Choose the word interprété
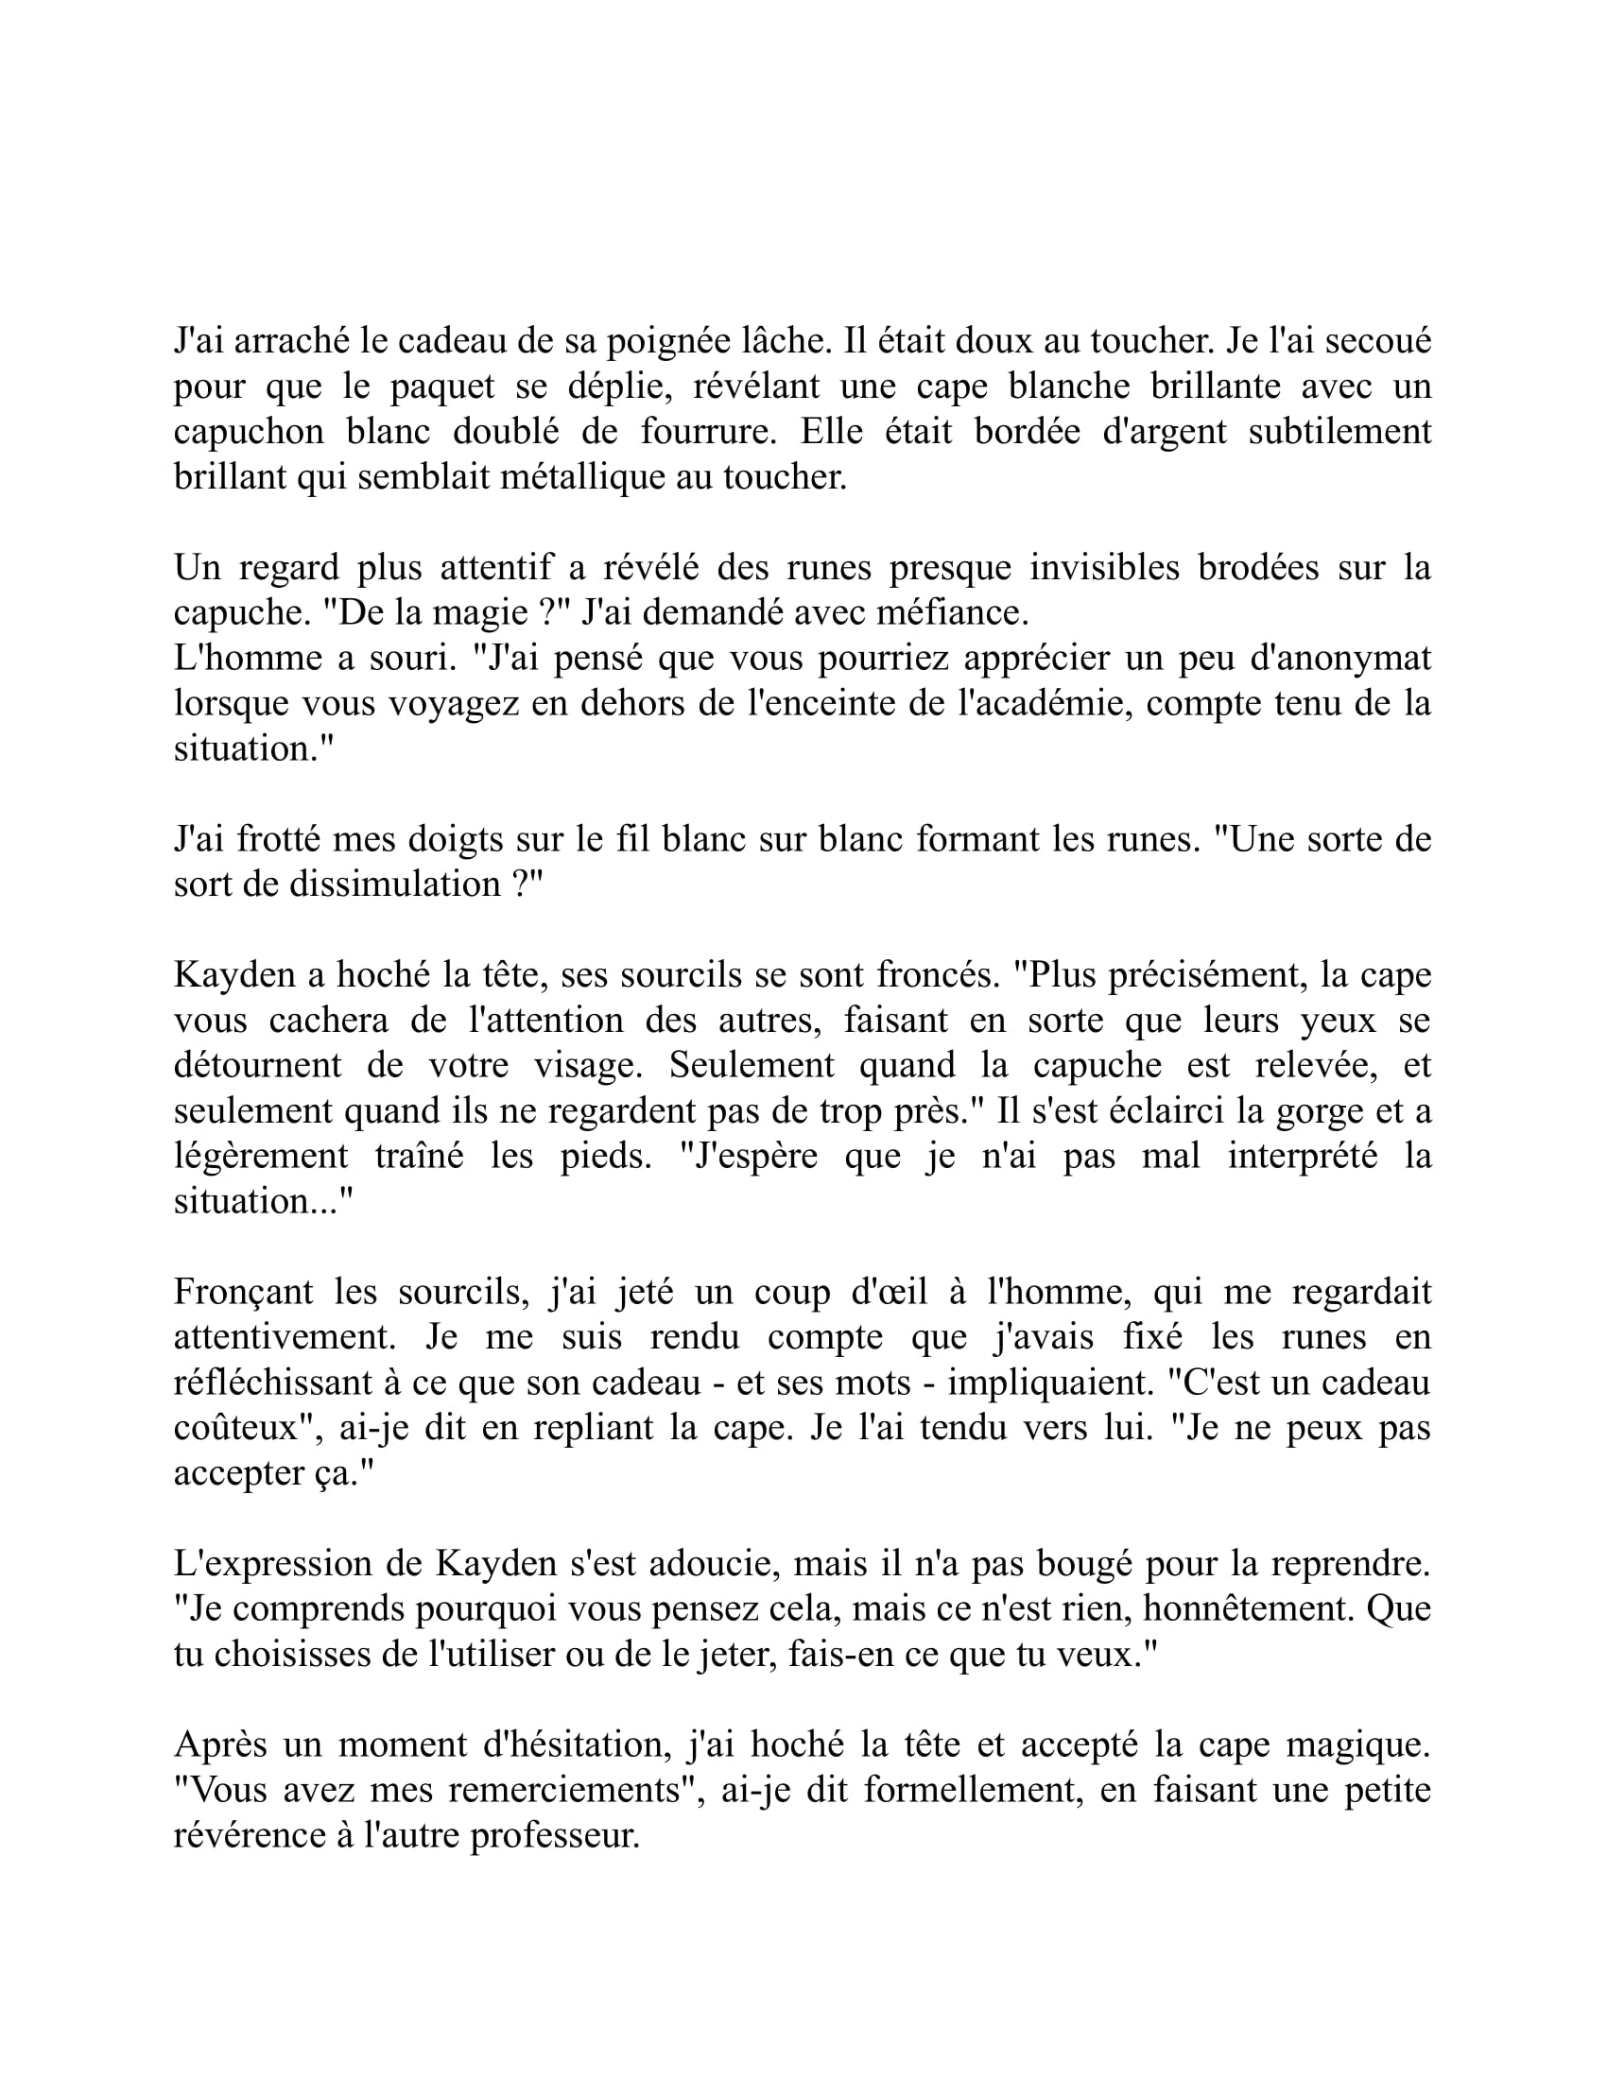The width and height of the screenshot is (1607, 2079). (1303, 1156)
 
